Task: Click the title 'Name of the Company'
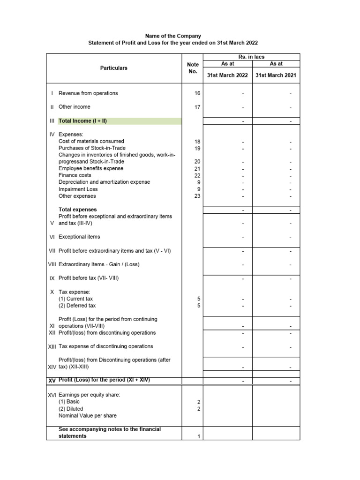(173, 36)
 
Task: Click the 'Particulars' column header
(113, 68)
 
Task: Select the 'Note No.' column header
(193, 68)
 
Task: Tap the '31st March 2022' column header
(227, 75)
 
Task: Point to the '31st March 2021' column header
(276, 75)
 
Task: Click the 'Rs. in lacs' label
(252, 57)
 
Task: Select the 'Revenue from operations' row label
(88, 93)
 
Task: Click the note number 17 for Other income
(197, 107)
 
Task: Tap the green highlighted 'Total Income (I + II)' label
(83, 121)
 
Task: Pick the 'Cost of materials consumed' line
(91, 141)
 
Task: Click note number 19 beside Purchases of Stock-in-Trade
(197, 148)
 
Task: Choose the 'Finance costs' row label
(75, 175)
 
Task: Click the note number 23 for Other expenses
(197, 196)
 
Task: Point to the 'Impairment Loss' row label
(78, 189)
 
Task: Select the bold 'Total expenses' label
(78, 210)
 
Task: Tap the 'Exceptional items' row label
(79, 237)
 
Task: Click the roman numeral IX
(52, 278)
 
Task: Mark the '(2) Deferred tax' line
(77, 306)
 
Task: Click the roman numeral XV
(52, 380)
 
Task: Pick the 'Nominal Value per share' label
(88, 416)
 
